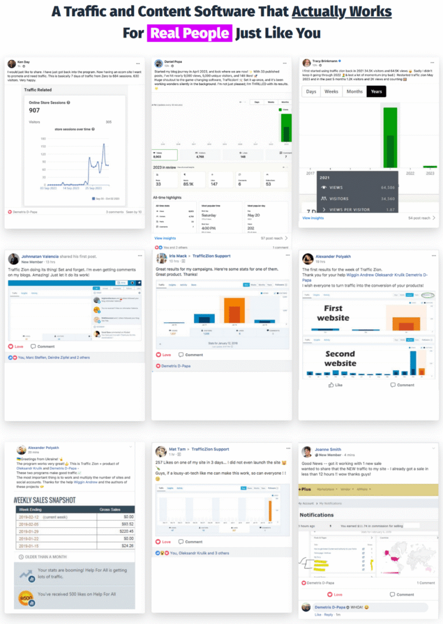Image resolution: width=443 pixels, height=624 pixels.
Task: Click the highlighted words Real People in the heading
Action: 190,32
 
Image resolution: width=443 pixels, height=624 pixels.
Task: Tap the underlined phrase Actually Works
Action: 341,11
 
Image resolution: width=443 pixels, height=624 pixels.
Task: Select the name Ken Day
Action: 23,61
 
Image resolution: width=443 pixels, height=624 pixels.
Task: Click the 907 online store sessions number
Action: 34,110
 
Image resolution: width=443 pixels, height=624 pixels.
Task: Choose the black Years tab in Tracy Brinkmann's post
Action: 376,92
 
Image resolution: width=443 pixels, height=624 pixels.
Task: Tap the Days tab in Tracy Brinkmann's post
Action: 311,92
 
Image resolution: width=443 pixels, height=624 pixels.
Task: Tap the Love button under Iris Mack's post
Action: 164,355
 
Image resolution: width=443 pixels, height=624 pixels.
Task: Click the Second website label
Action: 340,359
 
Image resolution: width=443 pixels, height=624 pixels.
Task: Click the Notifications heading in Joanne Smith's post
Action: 317,514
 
